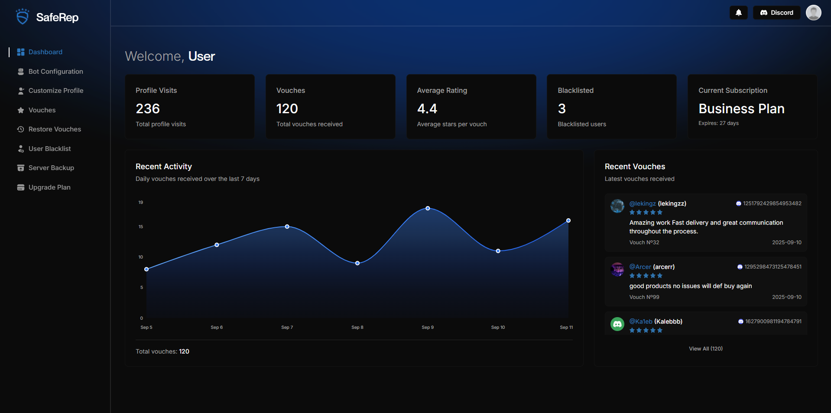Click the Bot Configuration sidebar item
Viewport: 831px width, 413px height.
[x=55, y=72]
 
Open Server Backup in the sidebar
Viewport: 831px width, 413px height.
[x=51, y=168]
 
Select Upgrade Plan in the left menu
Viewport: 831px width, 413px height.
[x=49, y=187]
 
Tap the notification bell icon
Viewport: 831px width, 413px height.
[x=738, y=13]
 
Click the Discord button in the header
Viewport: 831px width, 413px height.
[x=776, y=13]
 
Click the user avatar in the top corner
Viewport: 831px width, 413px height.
[x=813, y=13]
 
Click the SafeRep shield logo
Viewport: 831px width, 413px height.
[x=23, y=17]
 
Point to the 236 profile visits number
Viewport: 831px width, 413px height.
[x=148, y=108]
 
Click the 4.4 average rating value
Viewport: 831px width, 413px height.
[x=427, y=108]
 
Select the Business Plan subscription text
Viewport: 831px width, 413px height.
[x=741, y=108]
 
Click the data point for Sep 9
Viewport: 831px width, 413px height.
[x=428, y=208]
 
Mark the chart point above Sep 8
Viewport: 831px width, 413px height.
[x=357, y=263]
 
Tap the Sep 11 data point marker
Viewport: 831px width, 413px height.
[x=568, y=220]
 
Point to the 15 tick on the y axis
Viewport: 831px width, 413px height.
[x=141, y=226]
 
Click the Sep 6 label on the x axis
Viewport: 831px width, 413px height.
[x=217, y=328]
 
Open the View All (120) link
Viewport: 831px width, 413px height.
[x=706, y=349]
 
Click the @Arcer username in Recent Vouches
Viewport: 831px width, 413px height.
[x=640, y=267]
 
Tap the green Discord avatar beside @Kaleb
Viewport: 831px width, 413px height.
[x=617, y=324]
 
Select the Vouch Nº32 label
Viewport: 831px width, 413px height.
[x=644, y=243]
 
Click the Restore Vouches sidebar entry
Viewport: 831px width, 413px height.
[x=55, y=129]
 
